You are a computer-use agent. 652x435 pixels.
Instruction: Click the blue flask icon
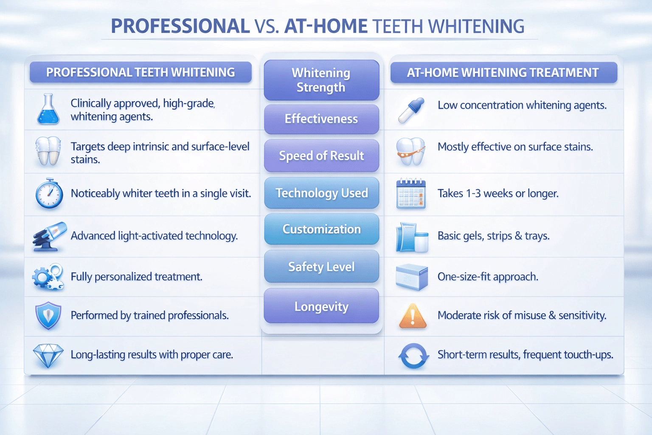tap(48, 109)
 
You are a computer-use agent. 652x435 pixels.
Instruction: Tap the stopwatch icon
tap(49, 193)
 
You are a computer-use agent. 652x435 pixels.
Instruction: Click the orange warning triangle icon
tap(413, 316)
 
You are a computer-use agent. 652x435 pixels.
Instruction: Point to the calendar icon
tap(411, 193)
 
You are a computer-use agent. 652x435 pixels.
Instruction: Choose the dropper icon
tap(411, 110)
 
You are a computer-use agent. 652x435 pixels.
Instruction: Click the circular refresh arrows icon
tap(413, 356)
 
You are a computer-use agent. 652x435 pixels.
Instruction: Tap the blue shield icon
tap(48, 316)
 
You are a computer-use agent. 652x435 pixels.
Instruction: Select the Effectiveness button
tap(321, 119)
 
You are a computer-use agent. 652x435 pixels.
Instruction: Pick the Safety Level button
tap(321, 266)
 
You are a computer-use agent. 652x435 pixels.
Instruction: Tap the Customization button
tap(321, 229)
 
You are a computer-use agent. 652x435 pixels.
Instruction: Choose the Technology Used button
tap(321, 192)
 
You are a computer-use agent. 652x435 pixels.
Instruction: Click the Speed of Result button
tap(321, 155)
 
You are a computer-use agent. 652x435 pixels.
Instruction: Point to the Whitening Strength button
tap(321, 80)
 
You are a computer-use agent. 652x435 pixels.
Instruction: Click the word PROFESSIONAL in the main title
tap(180, 26)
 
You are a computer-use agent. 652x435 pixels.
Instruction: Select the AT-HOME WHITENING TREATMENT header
tap(504, 72)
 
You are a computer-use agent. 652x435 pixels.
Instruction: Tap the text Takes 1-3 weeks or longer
tap(498, 193)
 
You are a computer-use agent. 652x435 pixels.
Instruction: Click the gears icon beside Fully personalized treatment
tap(48, 277)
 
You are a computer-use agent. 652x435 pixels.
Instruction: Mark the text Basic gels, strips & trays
tap(493, 236)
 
